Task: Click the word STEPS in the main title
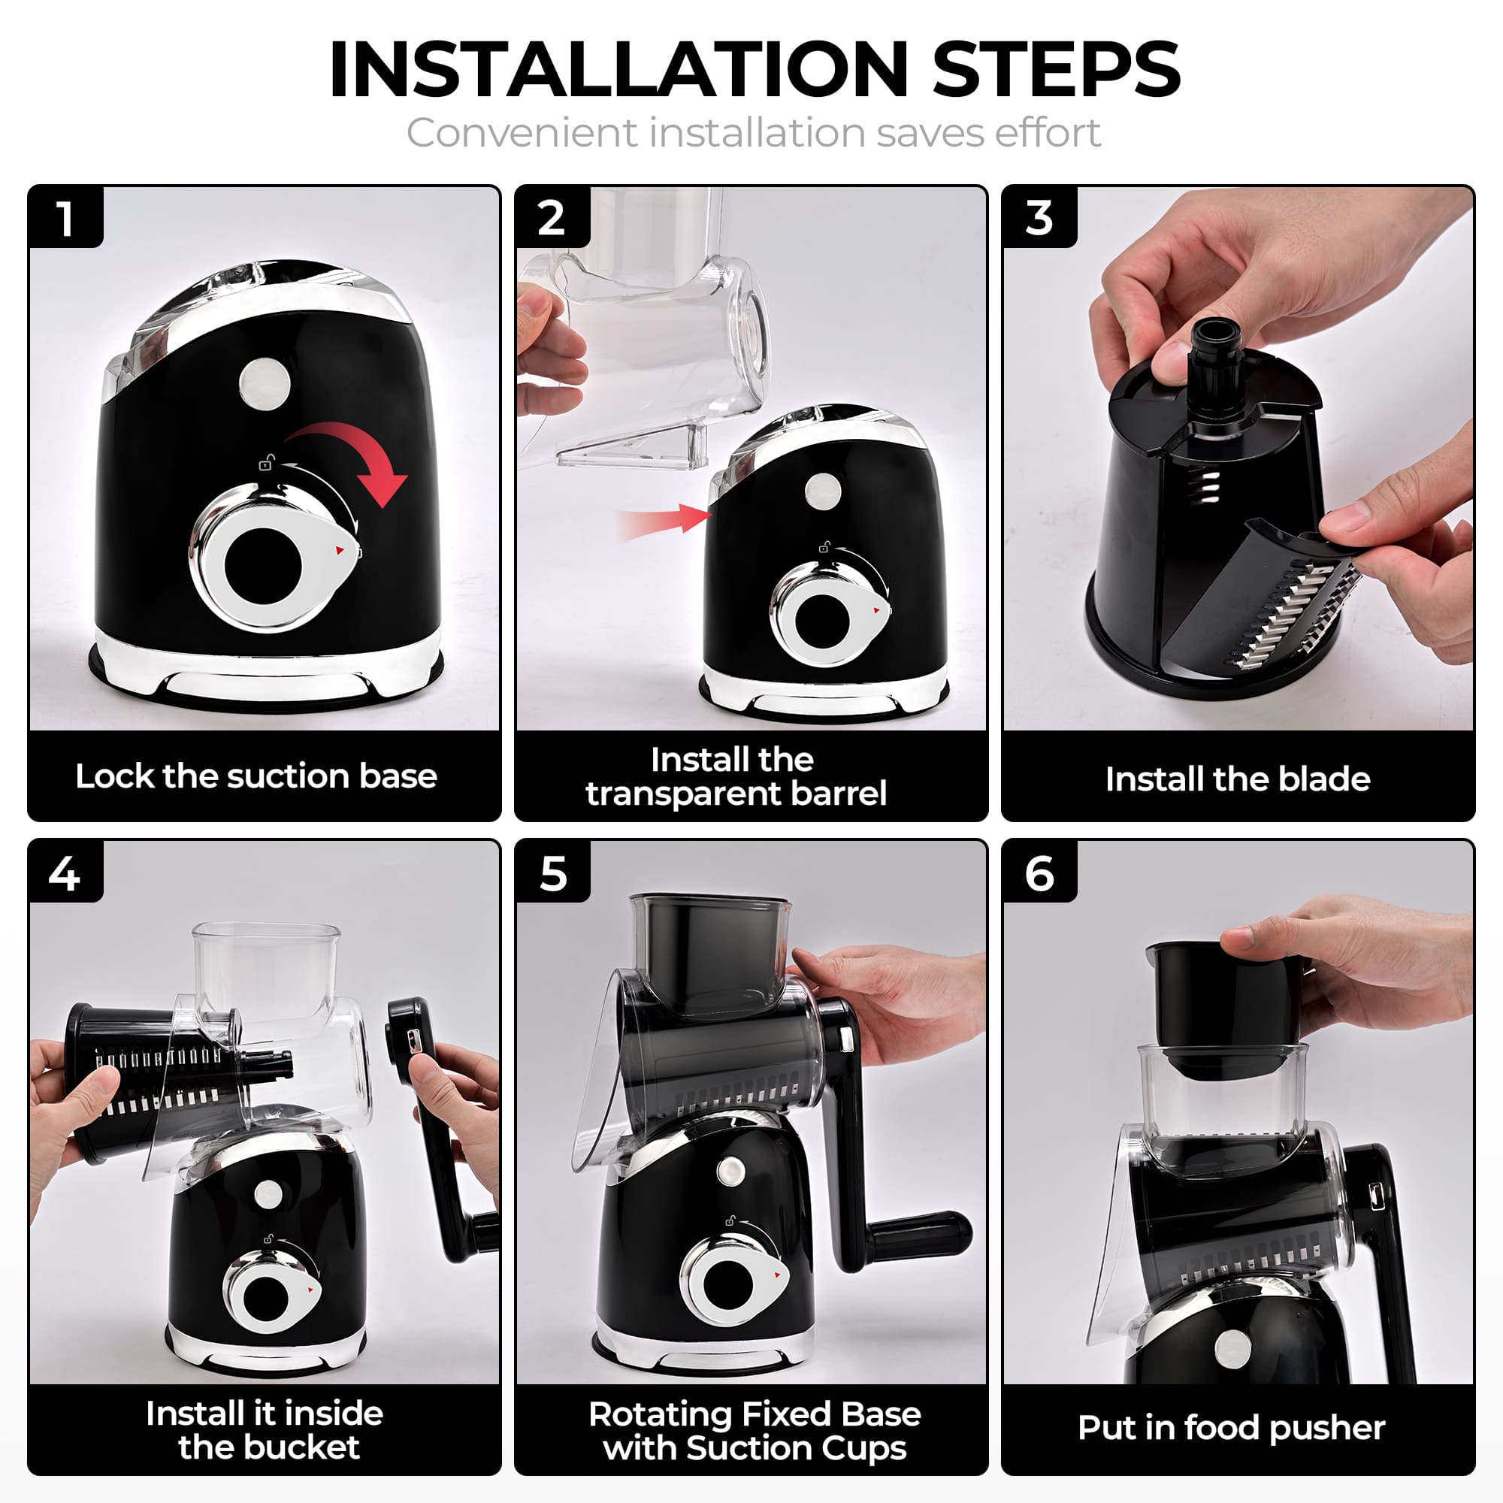1056,70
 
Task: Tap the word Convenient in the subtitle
521,133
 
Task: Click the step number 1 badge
65,219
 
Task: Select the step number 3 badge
1039,219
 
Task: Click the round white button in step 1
265,383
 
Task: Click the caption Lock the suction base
256,776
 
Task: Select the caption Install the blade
1238,779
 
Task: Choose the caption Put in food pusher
1232,1428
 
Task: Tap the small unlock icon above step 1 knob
266,464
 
